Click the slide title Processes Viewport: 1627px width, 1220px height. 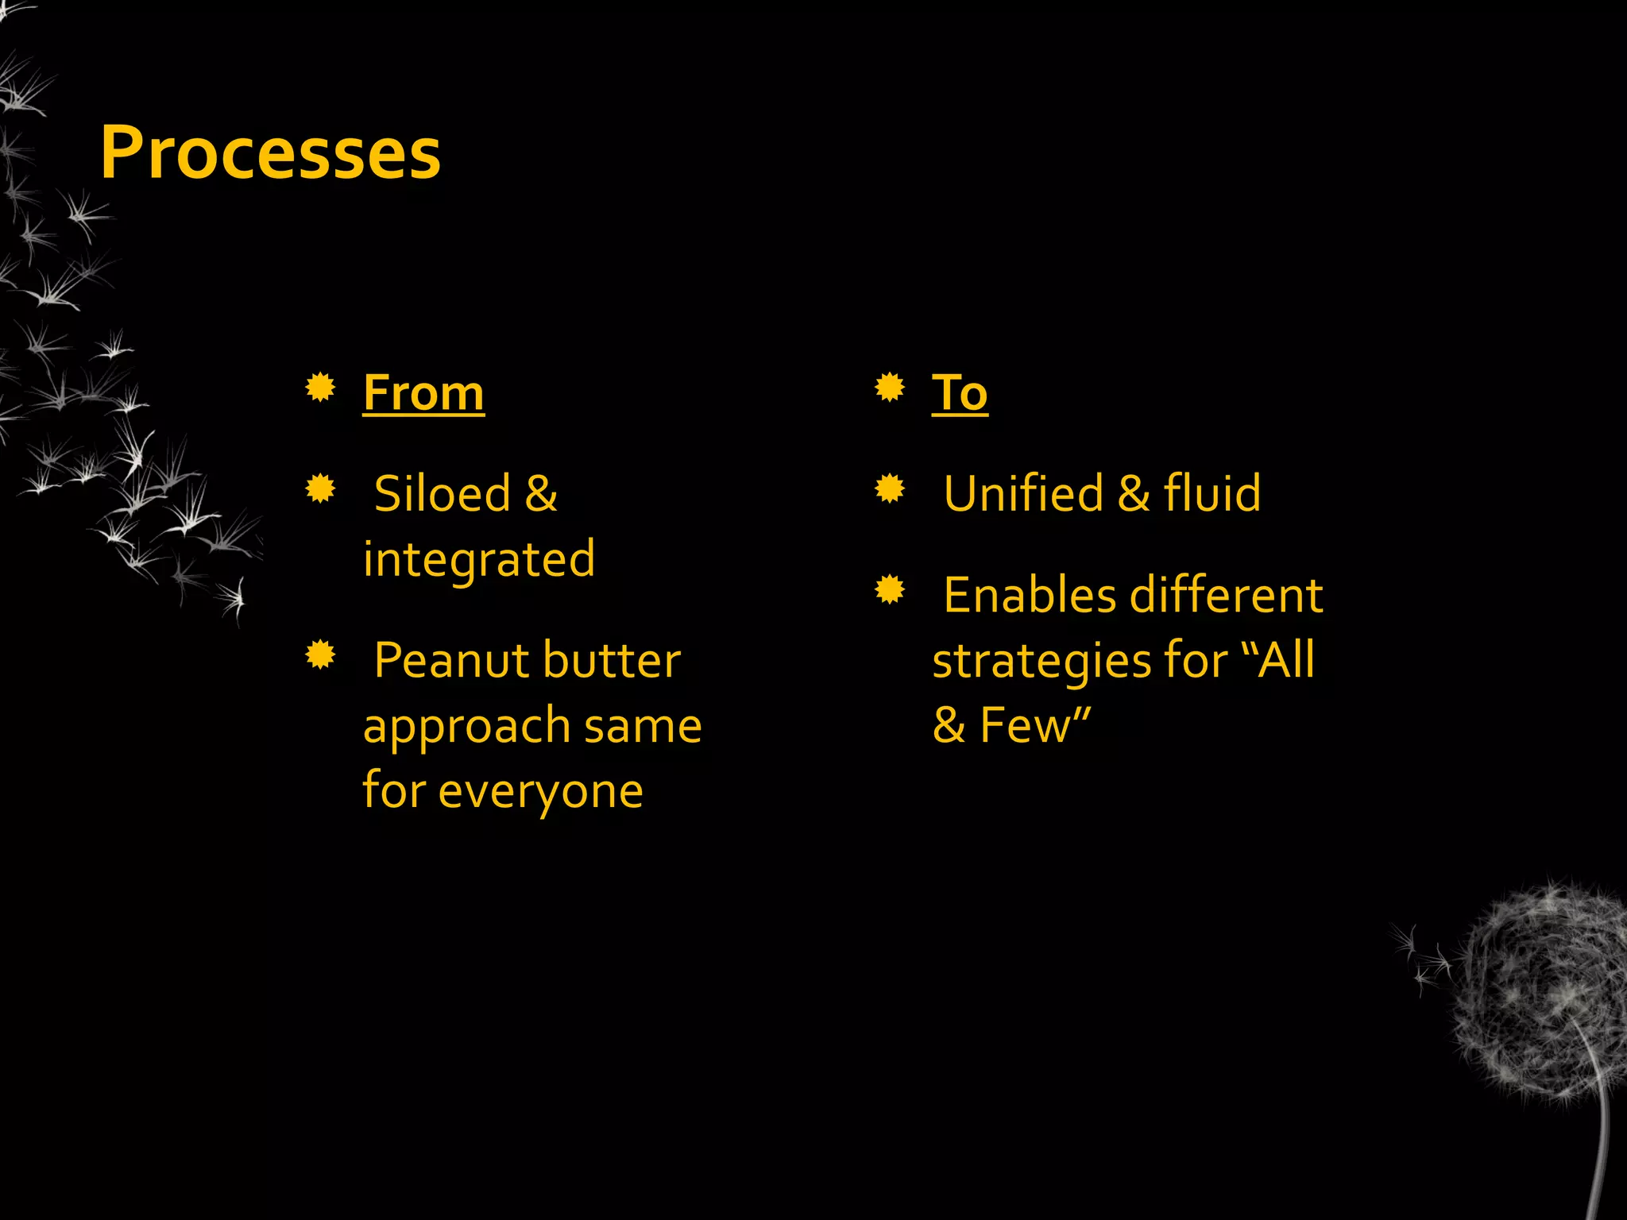coord(270,152)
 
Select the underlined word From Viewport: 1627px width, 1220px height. coord(423,392)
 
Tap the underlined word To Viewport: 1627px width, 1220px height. coord(960,392)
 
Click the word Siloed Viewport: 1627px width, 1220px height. coord(442,493)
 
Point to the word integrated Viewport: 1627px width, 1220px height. coord(479,559)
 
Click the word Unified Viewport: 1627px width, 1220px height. coord(1023,493)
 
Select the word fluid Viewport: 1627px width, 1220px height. coord(1212,493)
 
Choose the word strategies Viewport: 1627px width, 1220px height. coord(1041,661)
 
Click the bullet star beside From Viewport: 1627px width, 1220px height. coord(321,388)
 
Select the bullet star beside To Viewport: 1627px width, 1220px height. coord(890,388)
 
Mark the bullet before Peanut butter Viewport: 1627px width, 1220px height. coord(321,654)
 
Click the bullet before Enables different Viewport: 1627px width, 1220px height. coord(890,589)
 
